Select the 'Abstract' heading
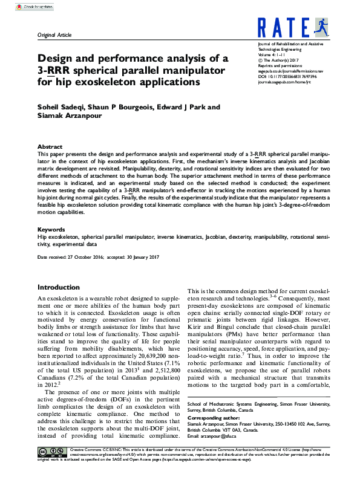coord(50,147)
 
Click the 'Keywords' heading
coord(51,230)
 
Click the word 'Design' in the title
coord(57,59)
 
